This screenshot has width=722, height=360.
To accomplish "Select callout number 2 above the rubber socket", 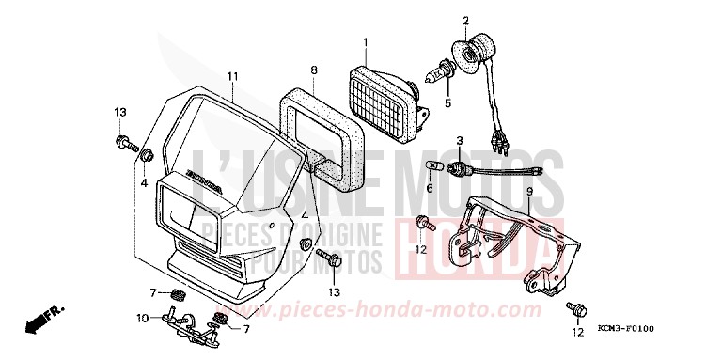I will [464, 20].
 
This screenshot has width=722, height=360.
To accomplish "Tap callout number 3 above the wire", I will [459, 141].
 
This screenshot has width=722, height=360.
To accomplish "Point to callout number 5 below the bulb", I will [448, 102].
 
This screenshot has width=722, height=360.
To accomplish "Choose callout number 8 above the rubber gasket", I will [314, 70].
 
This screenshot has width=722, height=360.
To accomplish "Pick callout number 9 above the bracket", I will [529, 191].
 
